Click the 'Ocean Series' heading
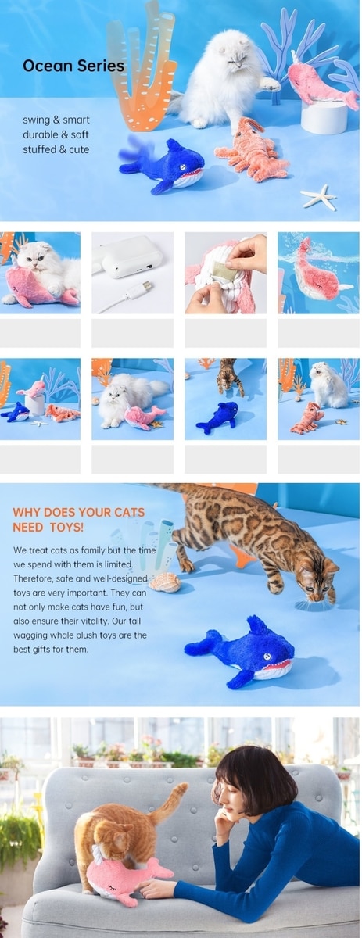[x=73, y=66]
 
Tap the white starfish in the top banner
[x=318, y=197]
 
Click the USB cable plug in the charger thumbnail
[x=142, y=288]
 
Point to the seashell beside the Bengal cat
[x=165, y=582]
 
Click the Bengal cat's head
[x=318, y=582]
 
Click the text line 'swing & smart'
[x=56, y=120]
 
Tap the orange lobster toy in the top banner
[x=252, y=152]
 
